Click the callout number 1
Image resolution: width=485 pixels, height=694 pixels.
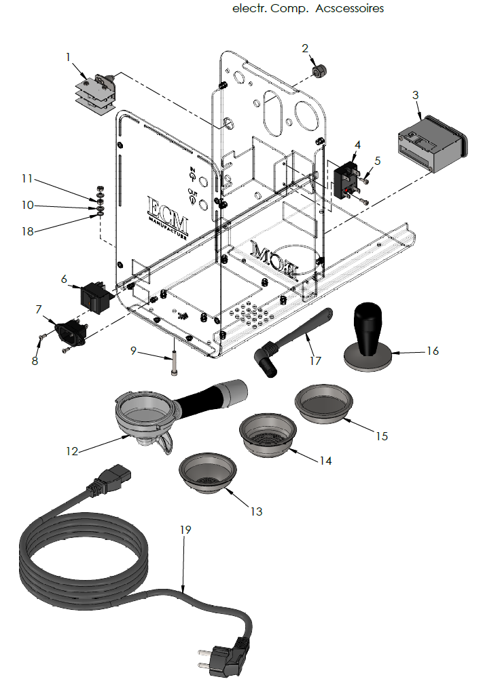pos(68,57)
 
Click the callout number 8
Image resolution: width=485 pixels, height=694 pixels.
pos(35,361)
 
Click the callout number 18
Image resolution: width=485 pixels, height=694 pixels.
pos(27,231)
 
